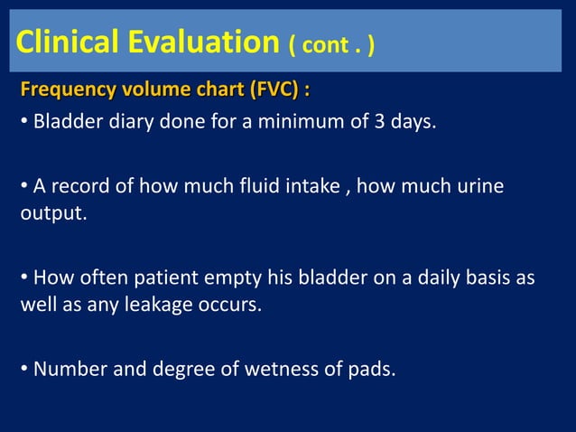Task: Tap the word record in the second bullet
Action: [78, 187]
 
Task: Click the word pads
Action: [371, 370]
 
